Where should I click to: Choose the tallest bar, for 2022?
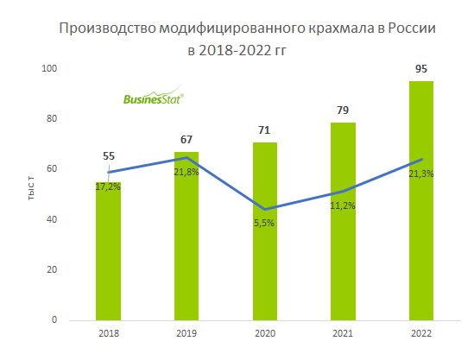click(421, 207)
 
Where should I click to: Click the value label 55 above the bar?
click(109, 156)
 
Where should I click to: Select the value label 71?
click(264, 130)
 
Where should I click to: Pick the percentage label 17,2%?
click(107, 186)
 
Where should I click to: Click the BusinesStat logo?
click(151, 98)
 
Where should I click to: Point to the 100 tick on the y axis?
click(50, 68)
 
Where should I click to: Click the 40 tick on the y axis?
click(52, 219)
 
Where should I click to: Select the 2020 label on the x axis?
click(264, 333)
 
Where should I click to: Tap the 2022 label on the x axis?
click(421, 333)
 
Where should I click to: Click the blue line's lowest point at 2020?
click(264, 209)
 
